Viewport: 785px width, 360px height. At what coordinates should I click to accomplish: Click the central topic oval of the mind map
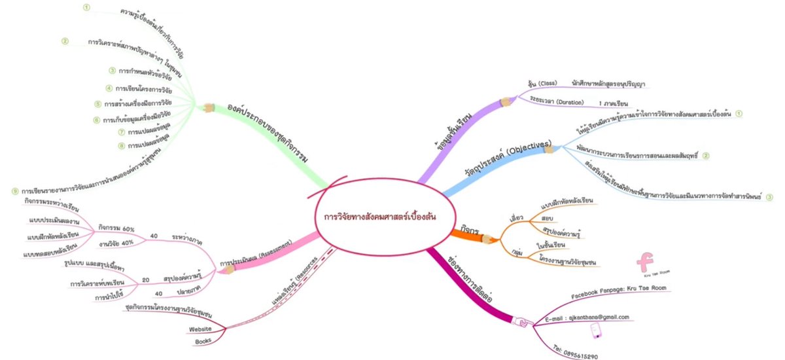pyautogui.click(x=380, y=216)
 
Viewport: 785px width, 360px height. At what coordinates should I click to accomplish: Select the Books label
pyautogui.click(x=203, y=342)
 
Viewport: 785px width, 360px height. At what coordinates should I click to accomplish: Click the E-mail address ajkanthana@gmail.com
pyautogui.click(x=587, y=317)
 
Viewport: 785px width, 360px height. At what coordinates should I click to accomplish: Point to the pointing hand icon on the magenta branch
pyautogui.click(x=521, y=322)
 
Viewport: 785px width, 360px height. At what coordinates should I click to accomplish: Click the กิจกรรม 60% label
pyautogui.click(x=116, y=228)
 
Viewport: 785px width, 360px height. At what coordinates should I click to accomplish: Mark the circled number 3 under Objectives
pyautogui.click(x=769, y=196)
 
